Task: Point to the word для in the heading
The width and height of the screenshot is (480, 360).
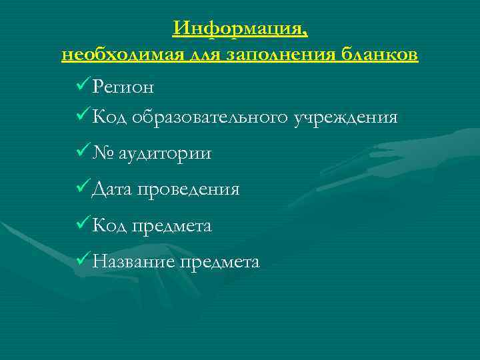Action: click(x=199, y=55)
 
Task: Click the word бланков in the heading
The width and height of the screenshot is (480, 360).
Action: click(x=379, y=55)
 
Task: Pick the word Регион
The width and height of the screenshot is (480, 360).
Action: click(x=124, y=87)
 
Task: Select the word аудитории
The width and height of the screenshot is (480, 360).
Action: click(x=165, y=154)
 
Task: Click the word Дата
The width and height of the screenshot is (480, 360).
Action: click(x=112, y=190)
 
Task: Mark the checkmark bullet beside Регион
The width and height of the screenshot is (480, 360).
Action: click(x=83, y=86)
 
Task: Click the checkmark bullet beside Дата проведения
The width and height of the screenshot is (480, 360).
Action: click(x=83, y=189)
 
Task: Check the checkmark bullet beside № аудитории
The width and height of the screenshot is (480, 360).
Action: click(x=83, y=153)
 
